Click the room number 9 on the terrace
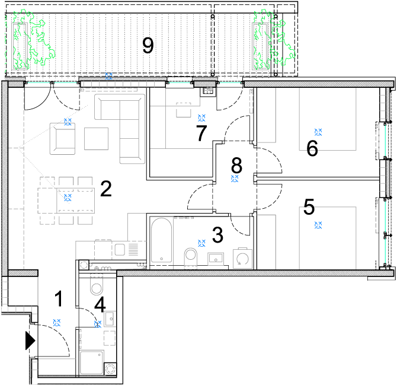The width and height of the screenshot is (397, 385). click(x=148, y=46)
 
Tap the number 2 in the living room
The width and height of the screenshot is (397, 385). click(x=106, y=189)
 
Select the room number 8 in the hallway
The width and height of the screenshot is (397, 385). click(x=237, y=166)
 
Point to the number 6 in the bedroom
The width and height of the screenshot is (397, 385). click(x=312, y=148)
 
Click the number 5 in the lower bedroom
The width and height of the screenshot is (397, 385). click(x=309, y=207)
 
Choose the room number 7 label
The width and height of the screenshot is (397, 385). click(x=201, y=133)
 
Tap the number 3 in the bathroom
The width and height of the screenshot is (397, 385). click(x=217, y=235)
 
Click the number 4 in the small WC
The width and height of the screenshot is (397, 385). click(x=100, y=304)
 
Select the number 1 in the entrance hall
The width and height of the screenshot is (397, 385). click(x=59, y=298)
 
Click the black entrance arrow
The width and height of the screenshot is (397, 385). click(x=30, y=341)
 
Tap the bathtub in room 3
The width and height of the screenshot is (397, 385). click(x=162, y=240)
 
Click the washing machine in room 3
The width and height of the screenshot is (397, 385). click(x=242, y=258)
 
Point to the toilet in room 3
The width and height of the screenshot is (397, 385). click(x=191, y=257)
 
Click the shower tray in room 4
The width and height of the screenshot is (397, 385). click(x=92, y=362)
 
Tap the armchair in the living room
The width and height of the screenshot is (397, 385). click(x=63, y=139)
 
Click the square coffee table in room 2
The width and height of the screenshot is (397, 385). click(x=96, y=139)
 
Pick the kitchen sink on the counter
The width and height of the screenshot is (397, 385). click(x=120, y=249)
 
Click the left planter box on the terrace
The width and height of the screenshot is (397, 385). click(x=20, y=46)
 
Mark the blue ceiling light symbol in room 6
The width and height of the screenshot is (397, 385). click(x=318, y=132)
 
